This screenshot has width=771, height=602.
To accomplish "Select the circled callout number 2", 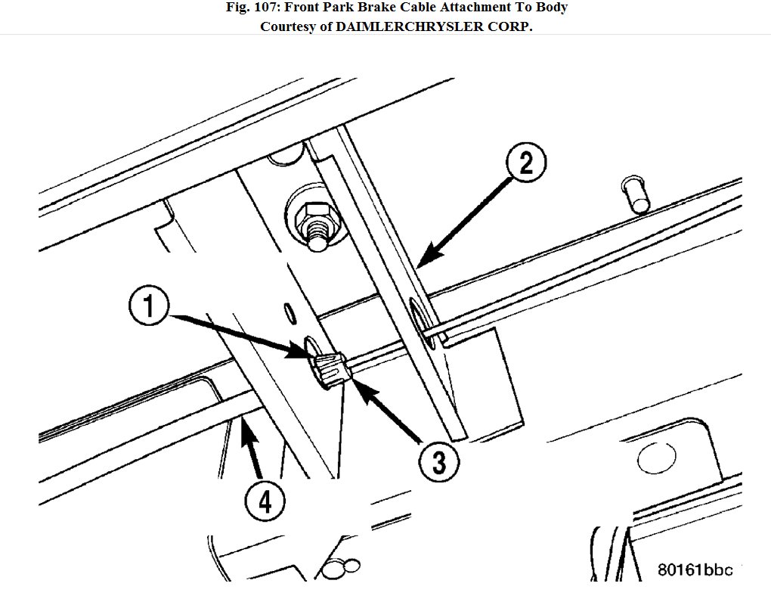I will click(x=525, y=164).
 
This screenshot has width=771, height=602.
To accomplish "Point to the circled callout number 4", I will click(x=266, y=500).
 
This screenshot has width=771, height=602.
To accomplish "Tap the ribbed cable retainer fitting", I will click(x=330, y=369).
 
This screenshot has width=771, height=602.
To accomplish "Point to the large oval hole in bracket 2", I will click(x=419, y=322).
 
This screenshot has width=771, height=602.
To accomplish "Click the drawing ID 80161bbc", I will click(x=695, y=569).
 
